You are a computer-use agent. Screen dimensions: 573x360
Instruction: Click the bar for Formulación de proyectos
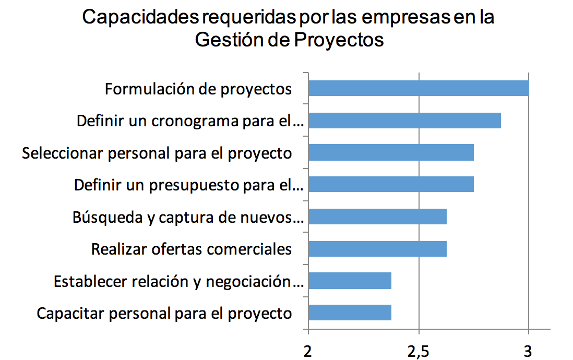click(x=419, y=88)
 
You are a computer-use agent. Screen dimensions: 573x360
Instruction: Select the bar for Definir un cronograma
click(x=404, y=120)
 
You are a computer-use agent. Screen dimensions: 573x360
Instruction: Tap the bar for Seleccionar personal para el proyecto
click(x=391, y=152)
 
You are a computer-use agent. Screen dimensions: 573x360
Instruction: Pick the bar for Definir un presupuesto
click(x=391, y=184)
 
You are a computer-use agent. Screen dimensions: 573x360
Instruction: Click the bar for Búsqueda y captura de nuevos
click(x=377, y=217)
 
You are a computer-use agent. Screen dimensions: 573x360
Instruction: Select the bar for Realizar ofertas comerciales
click(x=377, y=248)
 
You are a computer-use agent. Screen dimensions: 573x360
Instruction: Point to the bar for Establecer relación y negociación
click(x=350, y=281)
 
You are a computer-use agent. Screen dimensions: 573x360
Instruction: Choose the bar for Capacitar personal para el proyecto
click(x=350, y=313)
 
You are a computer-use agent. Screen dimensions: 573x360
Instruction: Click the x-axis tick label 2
click(x=308, y=351)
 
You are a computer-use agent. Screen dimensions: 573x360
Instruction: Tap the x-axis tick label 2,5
click(x=419, y=351)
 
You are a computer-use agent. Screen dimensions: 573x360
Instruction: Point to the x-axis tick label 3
click(x=528, y=351)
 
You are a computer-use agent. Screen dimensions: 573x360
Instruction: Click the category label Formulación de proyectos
click(x=198, y=89)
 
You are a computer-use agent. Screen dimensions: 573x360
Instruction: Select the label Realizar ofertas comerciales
click(x=192, y=249)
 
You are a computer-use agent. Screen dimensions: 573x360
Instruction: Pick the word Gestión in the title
click(x=229, y=40)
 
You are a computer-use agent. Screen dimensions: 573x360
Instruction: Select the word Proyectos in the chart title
click(x=339, y=40)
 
